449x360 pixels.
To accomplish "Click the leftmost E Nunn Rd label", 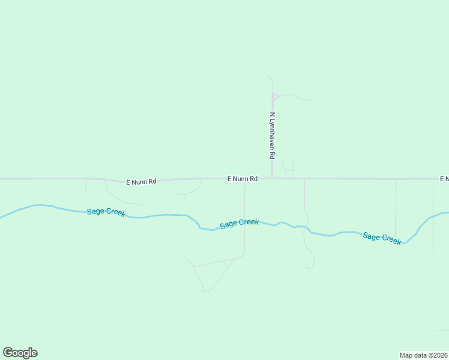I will coord(141,181).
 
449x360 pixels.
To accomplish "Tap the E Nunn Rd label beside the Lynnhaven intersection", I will coord(243,179).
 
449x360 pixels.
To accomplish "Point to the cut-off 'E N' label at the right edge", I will coord(444,179).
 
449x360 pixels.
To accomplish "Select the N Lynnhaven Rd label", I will coord(272,135).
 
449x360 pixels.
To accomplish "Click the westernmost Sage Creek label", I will coord(106,212).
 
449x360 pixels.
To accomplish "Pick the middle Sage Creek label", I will coord(240,223).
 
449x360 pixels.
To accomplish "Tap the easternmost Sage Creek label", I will coord(382,238).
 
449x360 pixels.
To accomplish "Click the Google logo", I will coord(20,353).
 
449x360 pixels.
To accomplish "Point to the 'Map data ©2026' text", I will coord(424,355).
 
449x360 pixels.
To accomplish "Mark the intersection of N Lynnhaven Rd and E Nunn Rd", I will coord(272,178).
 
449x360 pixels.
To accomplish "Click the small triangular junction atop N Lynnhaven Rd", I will coord(275,97).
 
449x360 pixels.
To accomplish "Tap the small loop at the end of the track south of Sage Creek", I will coord(309,265).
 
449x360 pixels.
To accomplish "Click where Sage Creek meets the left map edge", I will coord(1,217).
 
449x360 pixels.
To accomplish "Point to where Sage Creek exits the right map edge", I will coord(447,212).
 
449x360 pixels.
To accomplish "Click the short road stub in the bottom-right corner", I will coord(442,330).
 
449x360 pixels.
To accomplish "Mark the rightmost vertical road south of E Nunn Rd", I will coord(433,216).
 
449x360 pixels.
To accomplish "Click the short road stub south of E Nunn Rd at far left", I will coord(86,185).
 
